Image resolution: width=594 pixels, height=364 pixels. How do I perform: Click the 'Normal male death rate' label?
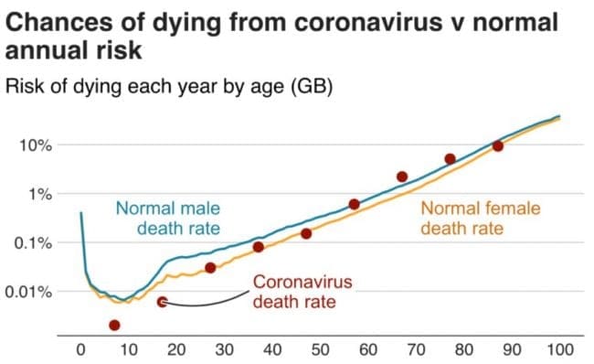tap(167, 217)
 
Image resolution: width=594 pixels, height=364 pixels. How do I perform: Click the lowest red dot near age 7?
tap(114, 325)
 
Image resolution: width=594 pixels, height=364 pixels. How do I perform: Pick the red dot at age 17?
tap(162, 302)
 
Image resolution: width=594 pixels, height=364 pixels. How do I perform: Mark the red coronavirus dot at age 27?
tap(210, 268)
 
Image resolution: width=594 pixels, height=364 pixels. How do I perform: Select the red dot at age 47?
tap(306, 234)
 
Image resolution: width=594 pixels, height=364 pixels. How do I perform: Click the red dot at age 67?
tap(402, 177)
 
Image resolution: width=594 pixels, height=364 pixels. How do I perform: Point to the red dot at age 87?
tap(498, 146)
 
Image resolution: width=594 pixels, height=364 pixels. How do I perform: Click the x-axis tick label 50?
tap(320, 348)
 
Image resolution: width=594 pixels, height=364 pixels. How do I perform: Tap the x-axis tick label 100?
tap(559, 348)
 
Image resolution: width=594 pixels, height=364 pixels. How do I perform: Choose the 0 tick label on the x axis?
tap(80, 348)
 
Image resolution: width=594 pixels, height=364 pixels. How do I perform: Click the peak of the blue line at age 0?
tap(81, 213)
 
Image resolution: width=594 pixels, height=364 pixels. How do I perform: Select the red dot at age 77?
tap(450, 159)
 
